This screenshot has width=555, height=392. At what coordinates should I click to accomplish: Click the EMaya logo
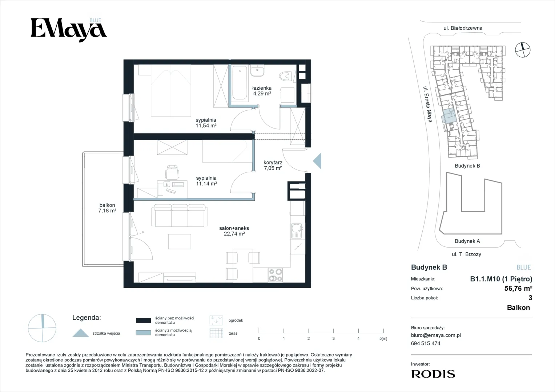[69, 30]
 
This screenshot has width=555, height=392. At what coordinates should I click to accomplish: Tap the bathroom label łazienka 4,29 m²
[262, 91]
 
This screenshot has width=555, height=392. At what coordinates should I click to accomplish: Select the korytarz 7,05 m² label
[273, 165]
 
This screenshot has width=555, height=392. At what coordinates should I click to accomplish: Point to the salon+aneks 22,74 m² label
[234, 231]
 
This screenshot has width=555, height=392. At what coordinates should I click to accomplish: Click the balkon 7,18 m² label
[107, 208]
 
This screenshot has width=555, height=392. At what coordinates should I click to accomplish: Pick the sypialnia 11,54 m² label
[206, 123]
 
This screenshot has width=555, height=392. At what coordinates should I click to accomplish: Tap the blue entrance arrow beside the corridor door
[317, 161]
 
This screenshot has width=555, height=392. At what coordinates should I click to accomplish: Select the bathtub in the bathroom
[240, 83]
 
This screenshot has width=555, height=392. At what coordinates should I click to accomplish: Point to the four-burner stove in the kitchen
[275, 275]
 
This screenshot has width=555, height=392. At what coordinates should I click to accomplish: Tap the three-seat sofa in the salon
[180, 215]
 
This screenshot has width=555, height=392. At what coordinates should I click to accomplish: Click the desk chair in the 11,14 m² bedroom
[172, 172]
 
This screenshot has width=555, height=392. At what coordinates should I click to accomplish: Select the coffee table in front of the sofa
[180, 241]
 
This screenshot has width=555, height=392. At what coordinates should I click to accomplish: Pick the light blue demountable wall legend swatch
[144, 332]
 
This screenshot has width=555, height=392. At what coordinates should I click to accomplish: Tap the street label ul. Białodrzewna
[463, 28]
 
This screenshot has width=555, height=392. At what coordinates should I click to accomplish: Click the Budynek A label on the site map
[467, 241]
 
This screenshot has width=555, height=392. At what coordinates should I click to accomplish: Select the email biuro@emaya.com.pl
[436, 335]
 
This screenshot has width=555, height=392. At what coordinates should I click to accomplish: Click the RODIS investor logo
[433, 374]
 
